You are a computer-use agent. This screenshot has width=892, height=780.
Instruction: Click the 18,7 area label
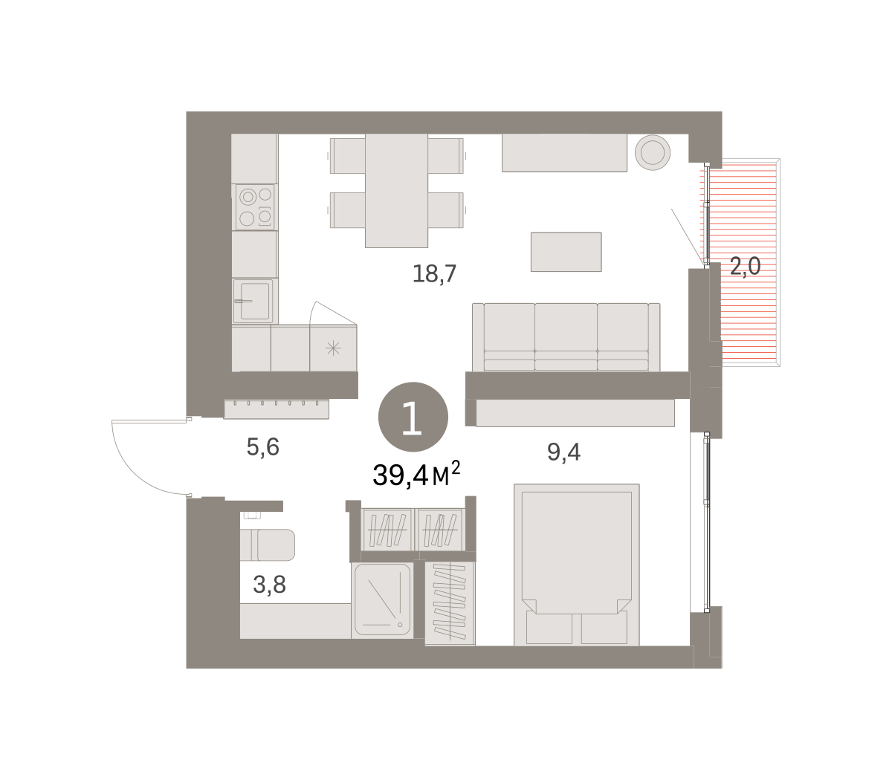coord(434,274)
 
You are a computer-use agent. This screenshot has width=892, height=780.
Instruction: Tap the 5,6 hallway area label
coord(262,447)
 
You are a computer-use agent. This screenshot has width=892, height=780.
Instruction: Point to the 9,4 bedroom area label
coord(563,452)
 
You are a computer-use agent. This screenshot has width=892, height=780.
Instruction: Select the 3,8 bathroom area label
coord(269,585)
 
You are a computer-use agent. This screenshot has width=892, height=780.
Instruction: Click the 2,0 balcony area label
coord(745,266)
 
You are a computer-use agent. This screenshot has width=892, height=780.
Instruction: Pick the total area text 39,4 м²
coord(416,475)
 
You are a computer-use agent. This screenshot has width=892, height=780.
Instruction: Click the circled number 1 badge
coord(413,417)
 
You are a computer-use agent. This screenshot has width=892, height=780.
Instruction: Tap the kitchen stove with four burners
coord(255,207)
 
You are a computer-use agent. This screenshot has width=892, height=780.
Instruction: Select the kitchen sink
coord(253,301)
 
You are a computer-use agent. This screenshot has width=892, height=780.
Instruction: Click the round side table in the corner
coord(652,152)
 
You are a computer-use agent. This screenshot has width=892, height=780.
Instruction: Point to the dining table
coord(396,190)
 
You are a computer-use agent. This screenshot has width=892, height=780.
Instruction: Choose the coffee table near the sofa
coord(566,252)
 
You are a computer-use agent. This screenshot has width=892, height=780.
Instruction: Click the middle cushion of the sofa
coord(566,337)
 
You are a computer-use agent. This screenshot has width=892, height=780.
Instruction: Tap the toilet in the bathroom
coord(268,545)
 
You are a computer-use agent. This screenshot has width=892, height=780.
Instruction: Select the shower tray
coord(382,599)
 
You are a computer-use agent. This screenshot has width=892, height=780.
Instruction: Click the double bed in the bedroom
coord(576,565)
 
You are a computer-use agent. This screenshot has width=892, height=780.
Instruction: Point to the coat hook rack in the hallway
coord(277,409)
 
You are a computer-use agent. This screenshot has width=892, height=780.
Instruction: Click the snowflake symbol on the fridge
coord(333,348)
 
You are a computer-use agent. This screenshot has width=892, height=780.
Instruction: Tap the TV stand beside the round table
coord(564,152)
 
